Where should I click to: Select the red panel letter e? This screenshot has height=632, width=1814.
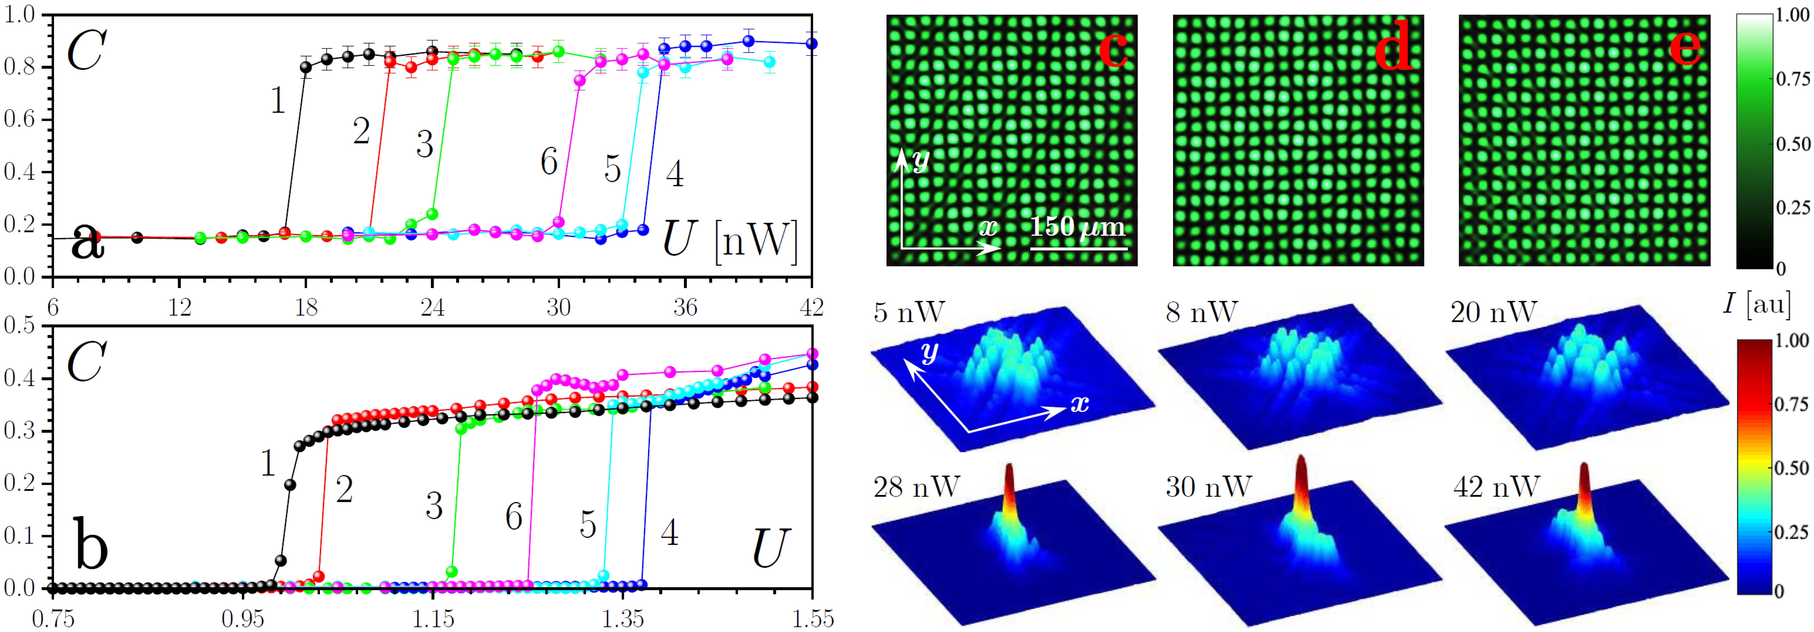point(1684,47)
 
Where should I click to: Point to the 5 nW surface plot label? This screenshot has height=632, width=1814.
point(909,311)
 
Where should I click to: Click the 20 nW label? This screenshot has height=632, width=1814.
point(1493,311)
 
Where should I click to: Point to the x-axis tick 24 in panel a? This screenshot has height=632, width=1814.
point(432,307)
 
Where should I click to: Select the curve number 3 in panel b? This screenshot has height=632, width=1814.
point(434,506)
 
